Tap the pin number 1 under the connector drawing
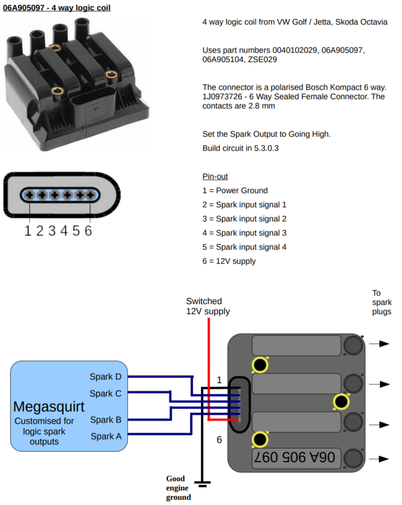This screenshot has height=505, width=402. tap(28, 230)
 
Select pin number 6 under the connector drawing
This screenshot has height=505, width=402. tap(88, 230)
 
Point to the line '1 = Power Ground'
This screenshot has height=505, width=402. tap(235, 191)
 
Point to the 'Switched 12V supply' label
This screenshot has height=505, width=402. tap(208, 306)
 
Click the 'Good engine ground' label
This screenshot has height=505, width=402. tap(178, 487)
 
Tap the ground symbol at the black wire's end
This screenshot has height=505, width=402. tap(202, 484)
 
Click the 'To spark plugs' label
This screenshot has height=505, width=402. tap(381, 302)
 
